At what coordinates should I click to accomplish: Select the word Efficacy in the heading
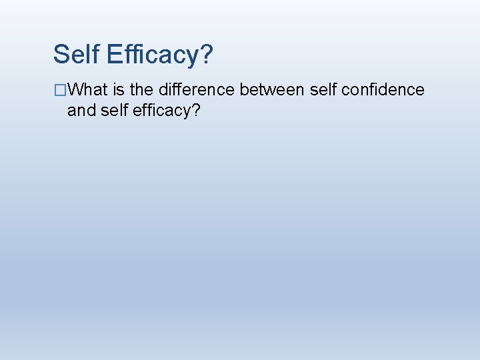[x=151, y=55]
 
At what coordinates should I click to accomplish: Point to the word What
[x=89, y=89]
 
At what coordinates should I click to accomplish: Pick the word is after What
[x=122, y=89]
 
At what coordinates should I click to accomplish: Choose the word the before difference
[x=144, y=89]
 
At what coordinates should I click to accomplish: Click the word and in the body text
[x=82, y=110]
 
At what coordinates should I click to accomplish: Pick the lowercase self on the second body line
[x=114, y=110]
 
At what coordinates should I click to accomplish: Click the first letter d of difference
[x=164, y=89]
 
